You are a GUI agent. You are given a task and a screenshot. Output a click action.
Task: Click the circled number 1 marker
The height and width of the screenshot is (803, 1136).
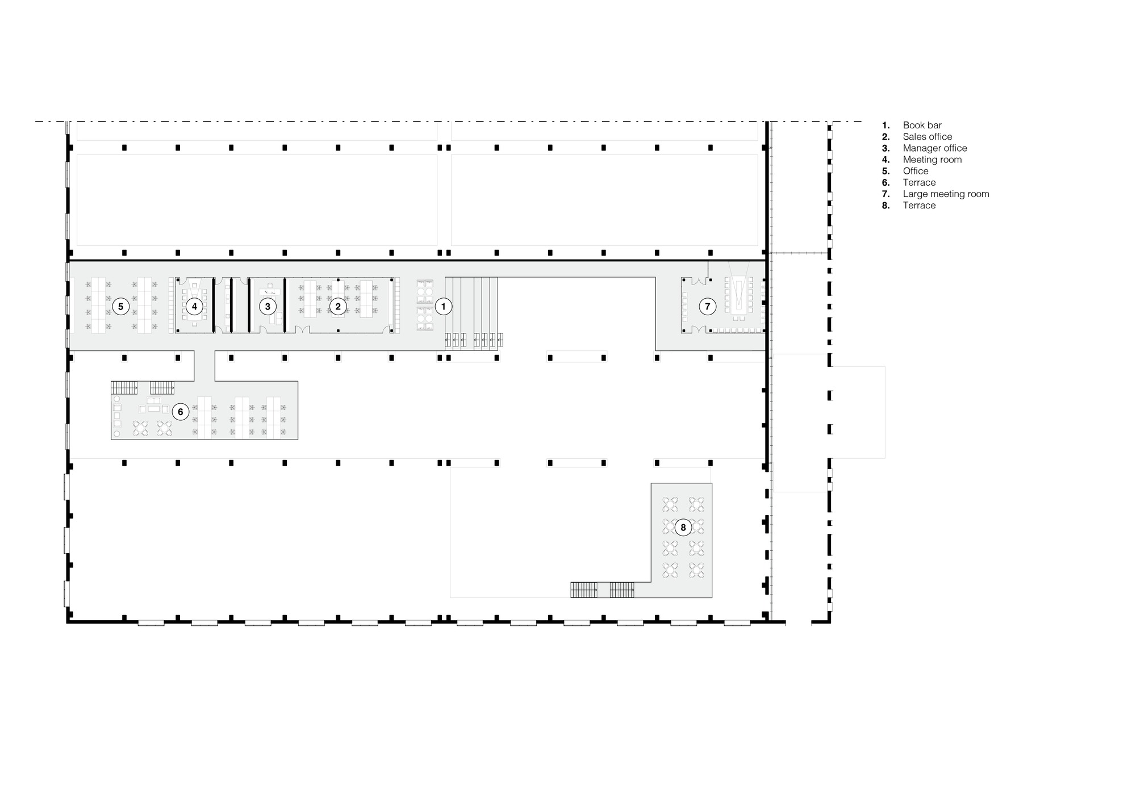444,307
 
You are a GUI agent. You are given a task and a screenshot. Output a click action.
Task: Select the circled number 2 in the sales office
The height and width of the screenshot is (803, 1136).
338,307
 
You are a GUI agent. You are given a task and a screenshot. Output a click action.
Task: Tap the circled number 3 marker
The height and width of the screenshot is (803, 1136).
268,307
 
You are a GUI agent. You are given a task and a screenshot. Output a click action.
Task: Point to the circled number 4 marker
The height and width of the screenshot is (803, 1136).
194,307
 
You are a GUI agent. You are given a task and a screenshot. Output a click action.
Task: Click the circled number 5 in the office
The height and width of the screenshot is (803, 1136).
120,307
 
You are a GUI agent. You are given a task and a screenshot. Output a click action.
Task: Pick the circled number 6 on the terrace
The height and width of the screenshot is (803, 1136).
181,412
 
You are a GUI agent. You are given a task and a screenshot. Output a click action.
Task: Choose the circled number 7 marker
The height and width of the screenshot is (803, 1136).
708,307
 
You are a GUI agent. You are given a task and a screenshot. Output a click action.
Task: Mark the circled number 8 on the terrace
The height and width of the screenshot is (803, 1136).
683,528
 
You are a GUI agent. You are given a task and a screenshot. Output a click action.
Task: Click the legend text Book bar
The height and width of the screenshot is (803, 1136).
922,126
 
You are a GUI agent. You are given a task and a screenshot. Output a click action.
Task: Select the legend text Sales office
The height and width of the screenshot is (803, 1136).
927,137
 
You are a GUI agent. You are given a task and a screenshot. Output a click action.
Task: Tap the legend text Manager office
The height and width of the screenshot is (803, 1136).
934,148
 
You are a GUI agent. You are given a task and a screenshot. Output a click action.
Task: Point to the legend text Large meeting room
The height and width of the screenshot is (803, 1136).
946,194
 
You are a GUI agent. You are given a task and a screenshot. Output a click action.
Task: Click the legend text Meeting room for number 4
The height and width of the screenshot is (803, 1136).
932,160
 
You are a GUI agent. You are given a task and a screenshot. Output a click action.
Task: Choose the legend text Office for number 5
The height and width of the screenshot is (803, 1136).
916,171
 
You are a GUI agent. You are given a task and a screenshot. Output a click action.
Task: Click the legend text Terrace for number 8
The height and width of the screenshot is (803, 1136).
919,206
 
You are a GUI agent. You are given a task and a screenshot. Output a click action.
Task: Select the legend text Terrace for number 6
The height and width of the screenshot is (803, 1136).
919,182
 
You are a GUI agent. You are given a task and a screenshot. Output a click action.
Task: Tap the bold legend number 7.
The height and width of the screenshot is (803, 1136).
886,194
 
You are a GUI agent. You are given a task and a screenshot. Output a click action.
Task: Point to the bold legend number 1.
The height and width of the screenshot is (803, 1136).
886,126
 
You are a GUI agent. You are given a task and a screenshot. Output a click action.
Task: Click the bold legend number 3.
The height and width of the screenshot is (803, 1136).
886,148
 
